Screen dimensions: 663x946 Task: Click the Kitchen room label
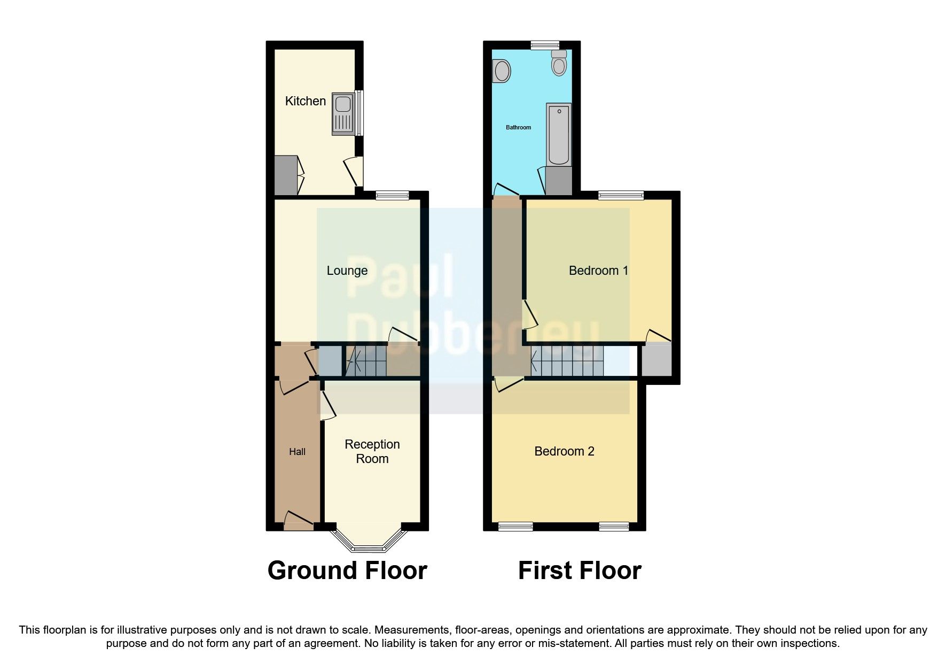click(305, 101)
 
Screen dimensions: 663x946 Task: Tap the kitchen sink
click(342, 113)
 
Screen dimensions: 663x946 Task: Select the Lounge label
click(347, 271)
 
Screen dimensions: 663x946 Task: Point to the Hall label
click(297, 452)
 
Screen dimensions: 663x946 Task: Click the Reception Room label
click(372, 451)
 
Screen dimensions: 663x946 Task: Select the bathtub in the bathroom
click(559, 134)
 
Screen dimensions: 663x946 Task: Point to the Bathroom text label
click(518, 127)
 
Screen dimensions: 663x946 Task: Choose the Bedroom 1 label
click(598, 271)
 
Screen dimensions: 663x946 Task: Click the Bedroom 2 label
click(564, 451)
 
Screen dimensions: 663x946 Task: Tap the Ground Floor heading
click(347, 571)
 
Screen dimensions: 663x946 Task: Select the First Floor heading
click(580, 571)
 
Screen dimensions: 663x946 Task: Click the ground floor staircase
click(366, 361)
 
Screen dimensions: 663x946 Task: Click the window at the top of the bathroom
click(545, 45)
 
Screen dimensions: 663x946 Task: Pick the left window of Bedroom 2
click(515, 527)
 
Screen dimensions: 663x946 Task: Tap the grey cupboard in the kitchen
click(285, 175)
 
